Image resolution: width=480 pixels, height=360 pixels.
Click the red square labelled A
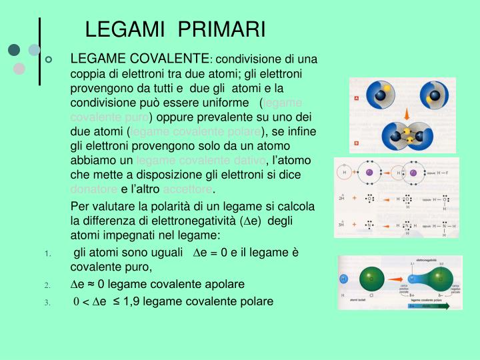(356, 98)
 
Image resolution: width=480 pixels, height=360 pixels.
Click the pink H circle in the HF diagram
(345, 173)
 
